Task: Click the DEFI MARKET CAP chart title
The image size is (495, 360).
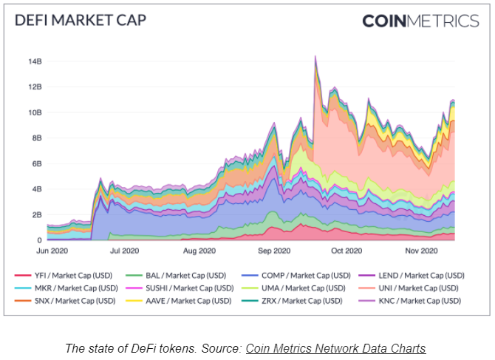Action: tap(81, 20)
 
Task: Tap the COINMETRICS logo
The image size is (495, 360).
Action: tap(420, 21)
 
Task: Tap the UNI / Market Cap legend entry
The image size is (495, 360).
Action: tap(417, 288)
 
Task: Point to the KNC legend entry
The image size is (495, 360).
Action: tap(417, 300)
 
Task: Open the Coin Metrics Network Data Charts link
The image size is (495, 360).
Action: tap(335, 348)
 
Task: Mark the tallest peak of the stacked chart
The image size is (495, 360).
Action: tap(315, 56)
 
